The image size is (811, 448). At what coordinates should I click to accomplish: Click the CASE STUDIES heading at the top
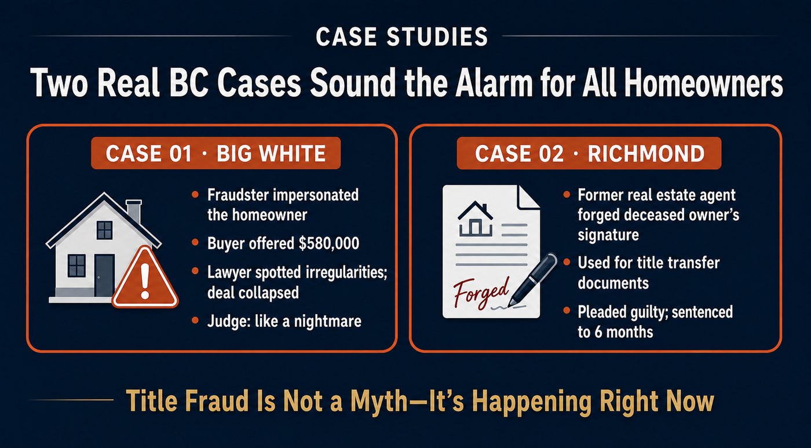[x=401, y=37]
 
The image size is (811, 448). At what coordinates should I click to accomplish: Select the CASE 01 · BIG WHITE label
[x=215, y=153]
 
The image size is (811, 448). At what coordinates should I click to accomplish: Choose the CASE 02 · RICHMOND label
[x=589, y=153]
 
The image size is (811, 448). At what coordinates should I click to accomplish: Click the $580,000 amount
[x=329, y=243]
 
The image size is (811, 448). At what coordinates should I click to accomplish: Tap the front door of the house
[x=104, y=275]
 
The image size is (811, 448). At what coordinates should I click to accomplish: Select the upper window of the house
[x=105, y=230]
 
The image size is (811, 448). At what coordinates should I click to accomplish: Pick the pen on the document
[x=532, y=279]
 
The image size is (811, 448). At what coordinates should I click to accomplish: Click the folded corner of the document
[x=528, y=197]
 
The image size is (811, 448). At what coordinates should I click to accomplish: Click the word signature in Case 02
[x=608, y=235]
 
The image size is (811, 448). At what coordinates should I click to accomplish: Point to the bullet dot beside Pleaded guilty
[x=567, y=311]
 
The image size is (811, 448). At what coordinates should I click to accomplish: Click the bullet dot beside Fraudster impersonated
[x=195, y=195]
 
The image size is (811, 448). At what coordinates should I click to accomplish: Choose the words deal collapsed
[x=253, y=293]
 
